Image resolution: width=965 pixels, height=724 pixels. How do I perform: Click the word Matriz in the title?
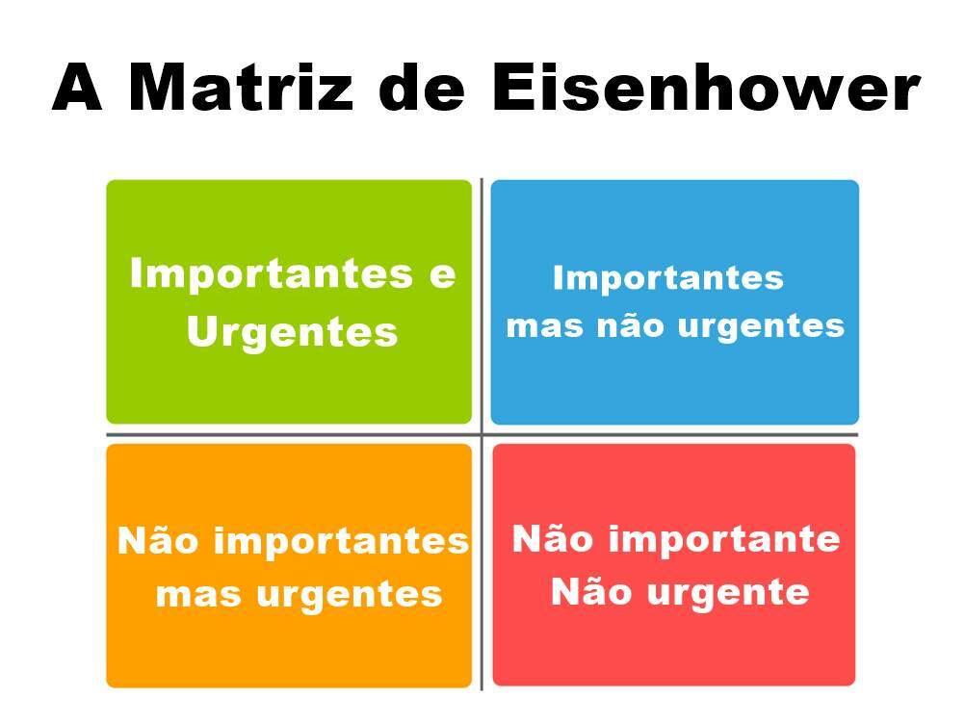coord(241,88)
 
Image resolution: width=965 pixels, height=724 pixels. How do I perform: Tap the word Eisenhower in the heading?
coord(706,88)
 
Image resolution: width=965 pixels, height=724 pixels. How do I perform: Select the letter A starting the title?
coord(77,88)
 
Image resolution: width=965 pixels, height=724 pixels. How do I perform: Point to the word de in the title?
coord(422,88)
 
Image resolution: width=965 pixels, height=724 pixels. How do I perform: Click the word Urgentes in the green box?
coord(293,333)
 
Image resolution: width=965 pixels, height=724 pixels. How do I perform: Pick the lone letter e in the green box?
coord(442,275)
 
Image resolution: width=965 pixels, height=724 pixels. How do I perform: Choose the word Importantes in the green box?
coord(271,273)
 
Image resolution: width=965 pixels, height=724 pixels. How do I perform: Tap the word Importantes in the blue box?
coord(667,278)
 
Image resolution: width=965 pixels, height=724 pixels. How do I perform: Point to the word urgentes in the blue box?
coord(761,326)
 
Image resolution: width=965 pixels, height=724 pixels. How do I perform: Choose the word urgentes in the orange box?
coord(350,595)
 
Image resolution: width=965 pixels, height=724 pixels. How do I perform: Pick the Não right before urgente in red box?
coord(591,591)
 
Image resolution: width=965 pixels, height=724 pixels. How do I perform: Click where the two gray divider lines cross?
coord(482,435)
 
